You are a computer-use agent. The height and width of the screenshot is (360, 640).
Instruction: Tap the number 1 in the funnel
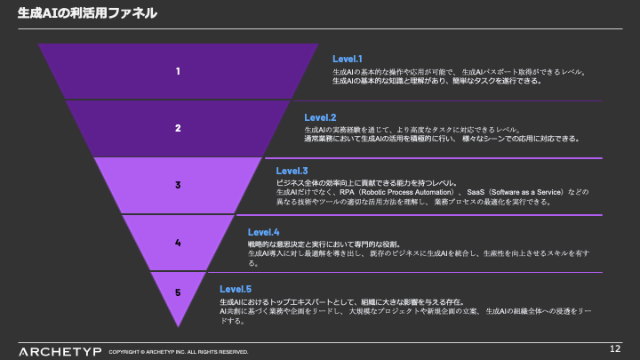(178, 71)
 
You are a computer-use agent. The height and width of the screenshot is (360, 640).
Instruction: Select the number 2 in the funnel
(178, 128)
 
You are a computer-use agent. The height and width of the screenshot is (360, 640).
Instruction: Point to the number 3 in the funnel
(178, 185)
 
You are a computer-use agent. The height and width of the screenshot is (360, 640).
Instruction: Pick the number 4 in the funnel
(178, 242)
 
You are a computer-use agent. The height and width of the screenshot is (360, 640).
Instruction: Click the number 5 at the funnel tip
(178, 292)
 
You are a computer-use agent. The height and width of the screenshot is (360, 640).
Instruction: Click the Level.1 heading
(348, 59)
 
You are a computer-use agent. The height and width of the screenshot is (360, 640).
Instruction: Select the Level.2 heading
(320, 117)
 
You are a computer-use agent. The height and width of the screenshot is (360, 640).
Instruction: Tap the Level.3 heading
(292, 170)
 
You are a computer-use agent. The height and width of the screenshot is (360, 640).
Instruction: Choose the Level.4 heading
(263, 232)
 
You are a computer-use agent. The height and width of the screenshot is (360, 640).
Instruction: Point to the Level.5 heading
(236, 289)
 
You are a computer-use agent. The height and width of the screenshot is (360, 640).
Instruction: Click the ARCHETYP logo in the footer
(57, 349)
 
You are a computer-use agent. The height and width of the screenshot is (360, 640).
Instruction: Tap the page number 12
(615, 348)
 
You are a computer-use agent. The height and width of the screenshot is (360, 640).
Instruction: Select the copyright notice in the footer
(179, 352)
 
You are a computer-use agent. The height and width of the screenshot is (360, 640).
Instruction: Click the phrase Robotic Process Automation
(367, 192)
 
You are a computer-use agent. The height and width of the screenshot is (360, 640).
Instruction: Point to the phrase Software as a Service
(508, 192)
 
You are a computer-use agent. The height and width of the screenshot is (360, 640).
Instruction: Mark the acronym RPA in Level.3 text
(319, 192)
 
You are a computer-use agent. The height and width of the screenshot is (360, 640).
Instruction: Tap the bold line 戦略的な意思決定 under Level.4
(281, 244)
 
